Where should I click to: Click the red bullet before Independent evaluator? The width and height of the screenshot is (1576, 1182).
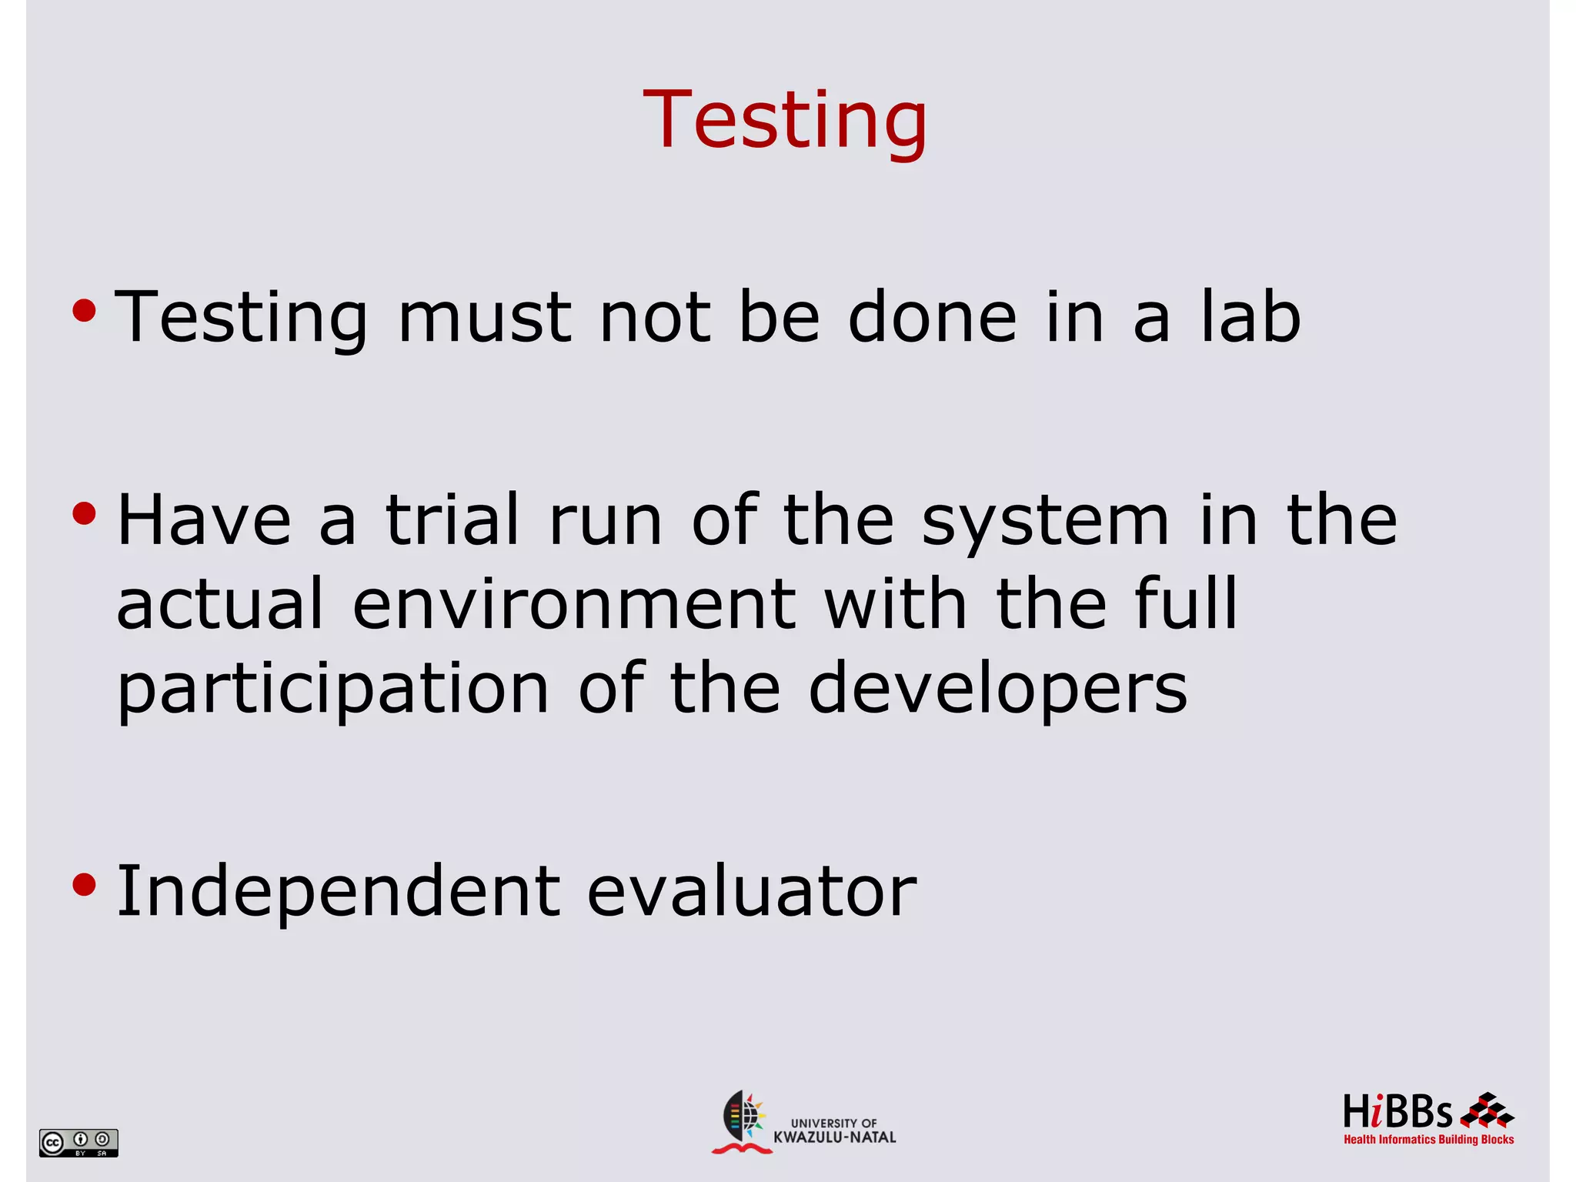tap(84, 885)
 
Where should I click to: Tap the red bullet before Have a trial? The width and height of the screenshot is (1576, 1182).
tap(84, 513)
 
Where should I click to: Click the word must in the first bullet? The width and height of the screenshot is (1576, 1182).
tap(485, 317)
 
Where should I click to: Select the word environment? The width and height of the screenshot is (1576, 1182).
tap(574, 605)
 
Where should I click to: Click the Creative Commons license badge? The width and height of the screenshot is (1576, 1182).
tap(78, 1142)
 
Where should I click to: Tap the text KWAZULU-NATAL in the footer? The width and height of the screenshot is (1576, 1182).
tap(835, 1137)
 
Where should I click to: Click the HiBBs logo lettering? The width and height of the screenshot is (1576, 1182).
tap(1397, 1112)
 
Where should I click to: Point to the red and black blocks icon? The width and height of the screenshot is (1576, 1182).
tap(1487, 1110)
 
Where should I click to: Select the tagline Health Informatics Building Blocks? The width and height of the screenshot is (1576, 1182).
tap(1428, 1140)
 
